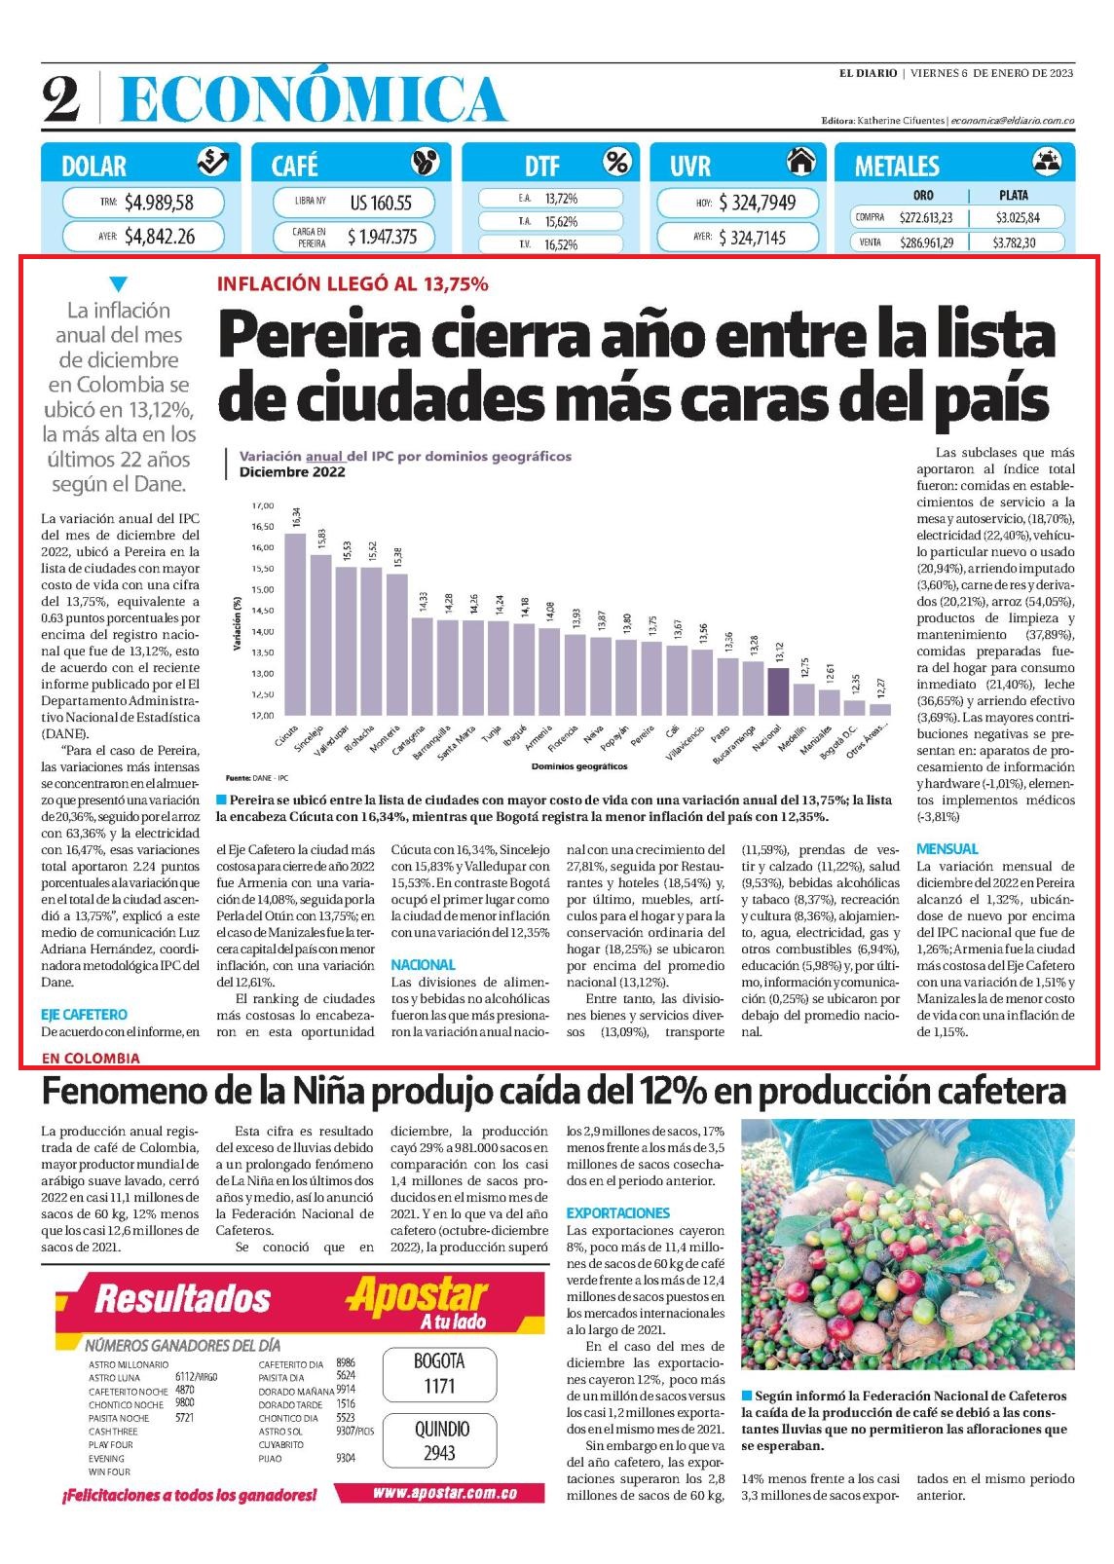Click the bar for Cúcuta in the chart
coord(295,623)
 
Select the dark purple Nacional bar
coord(778,691)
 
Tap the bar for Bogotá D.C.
coord(854,707)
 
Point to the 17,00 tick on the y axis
coord(263,505)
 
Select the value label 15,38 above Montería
coord(398,557)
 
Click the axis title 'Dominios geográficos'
coord(579,766)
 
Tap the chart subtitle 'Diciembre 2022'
coord(292,472)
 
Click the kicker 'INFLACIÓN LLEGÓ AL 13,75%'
coord(353,283)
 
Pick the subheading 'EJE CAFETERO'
coord(84,1015)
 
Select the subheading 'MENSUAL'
coord(947,849)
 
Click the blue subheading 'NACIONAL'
coord(423,965)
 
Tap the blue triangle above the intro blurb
coord(118,284)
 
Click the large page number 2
coord(61,98)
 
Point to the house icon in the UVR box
coord(800,162)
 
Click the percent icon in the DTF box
coord(617,162)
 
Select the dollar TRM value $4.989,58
coord(159,203)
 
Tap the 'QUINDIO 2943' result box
coord(440,1441)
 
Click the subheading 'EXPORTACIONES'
coord(617,1212)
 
